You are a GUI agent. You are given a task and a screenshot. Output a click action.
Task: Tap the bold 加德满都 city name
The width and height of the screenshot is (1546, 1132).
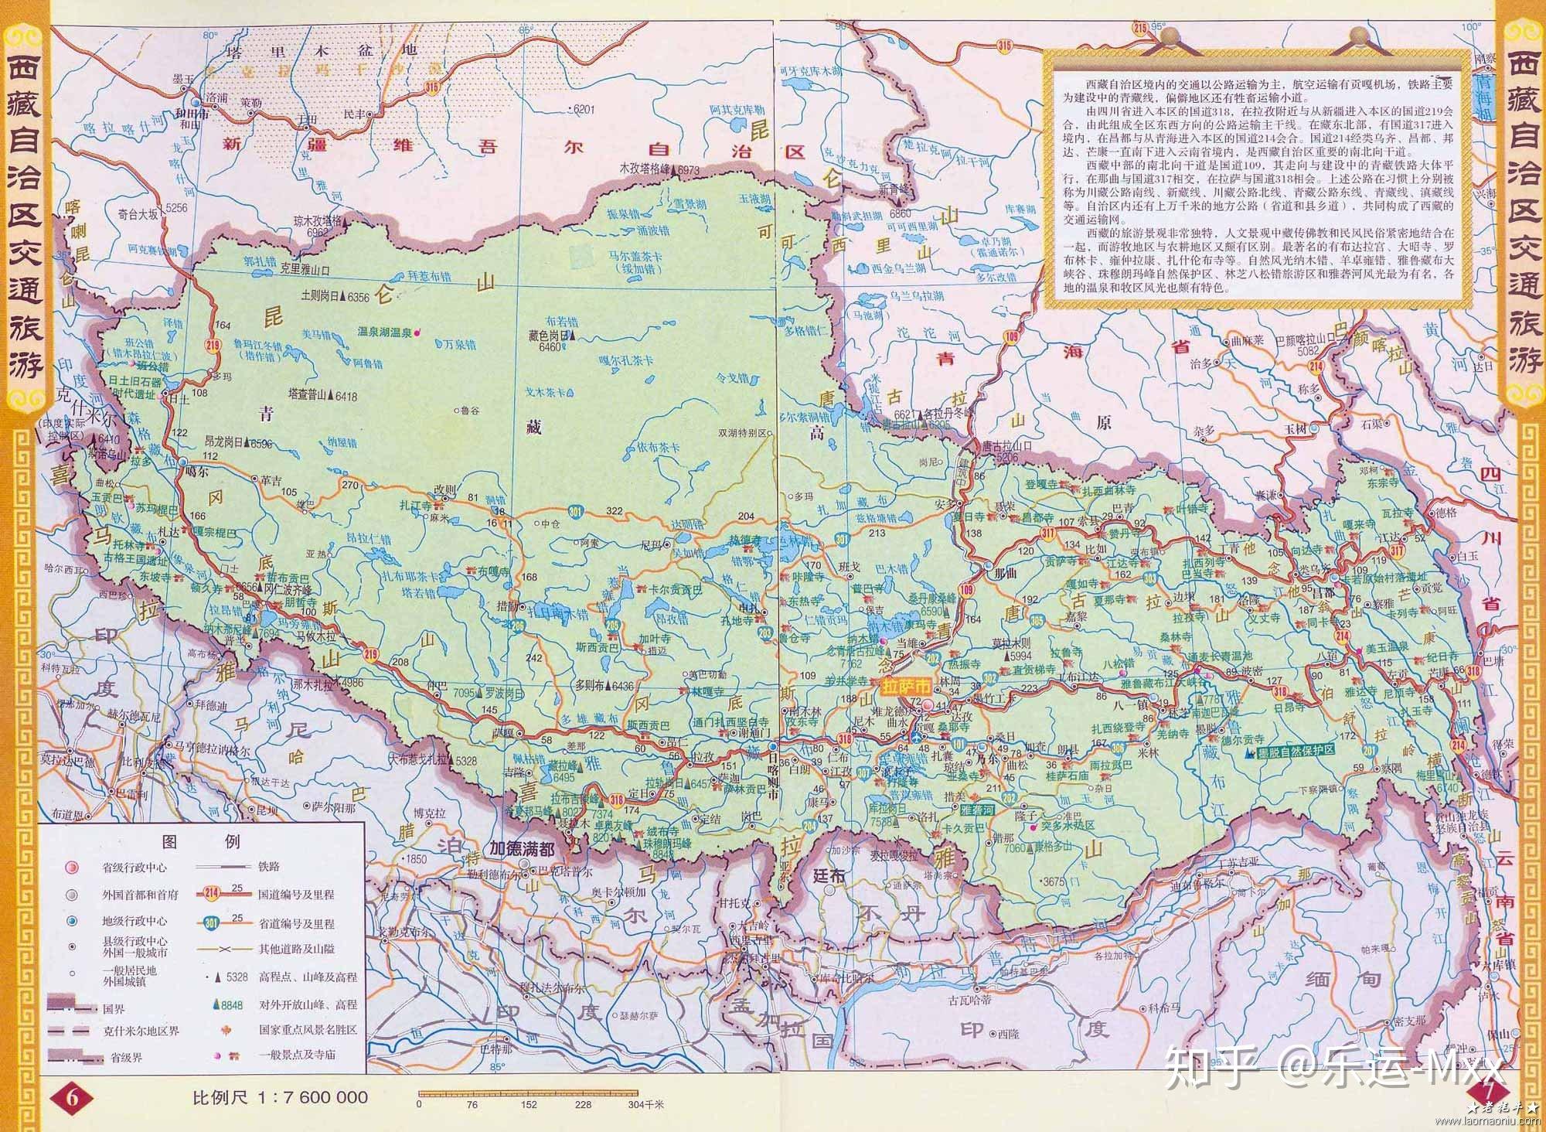522,848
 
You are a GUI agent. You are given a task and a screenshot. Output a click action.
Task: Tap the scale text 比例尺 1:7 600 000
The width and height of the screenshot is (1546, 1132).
280,1097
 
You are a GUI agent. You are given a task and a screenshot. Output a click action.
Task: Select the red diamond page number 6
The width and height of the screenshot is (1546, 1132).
72,1096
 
